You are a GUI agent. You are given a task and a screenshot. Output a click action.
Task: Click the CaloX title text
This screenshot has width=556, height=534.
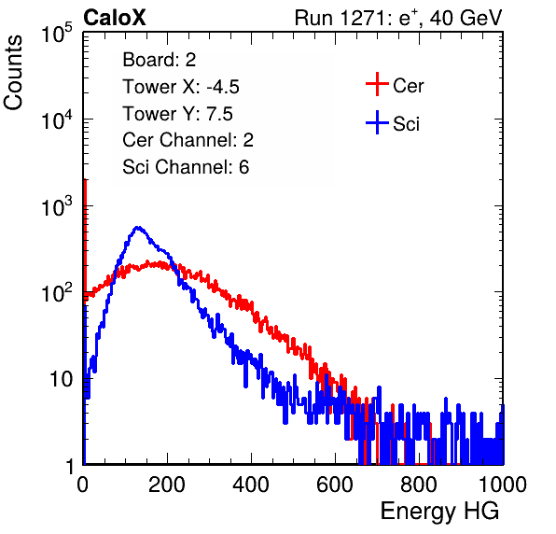pyautogui.click(x=115, y=18)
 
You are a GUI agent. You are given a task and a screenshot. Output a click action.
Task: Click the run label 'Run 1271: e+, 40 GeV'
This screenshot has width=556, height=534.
pyautogui.click(x=398, y=18)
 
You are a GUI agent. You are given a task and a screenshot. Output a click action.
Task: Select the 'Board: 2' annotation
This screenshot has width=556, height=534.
pyautogui.click(x=159, y=60)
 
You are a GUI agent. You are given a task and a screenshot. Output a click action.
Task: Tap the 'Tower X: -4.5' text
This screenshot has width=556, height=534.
pyautogui.click(x=181, y=87)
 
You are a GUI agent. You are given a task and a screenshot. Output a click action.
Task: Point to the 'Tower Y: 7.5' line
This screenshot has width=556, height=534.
pyautogui.click(x=177, y=114)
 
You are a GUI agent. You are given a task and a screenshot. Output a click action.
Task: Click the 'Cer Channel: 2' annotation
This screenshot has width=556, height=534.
pyautogui.click(x=188, y=140)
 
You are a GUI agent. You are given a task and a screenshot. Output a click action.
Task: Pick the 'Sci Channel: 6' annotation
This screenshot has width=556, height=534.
pyautogui.click(x=186, y=167)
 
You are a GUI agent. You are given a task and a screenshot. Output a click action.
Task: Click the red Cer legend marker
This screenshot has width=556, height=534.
pyautogui.click(x=377, y=84)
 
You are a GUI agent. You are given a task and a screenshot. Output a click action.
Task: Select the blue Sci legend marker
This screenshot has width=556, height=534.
pyautogui.click(x=377, y=123)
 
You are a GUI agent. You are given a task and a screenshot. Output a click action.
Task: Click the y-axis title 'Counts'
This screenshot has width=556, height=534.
pyautogui.click(x=13, y=72)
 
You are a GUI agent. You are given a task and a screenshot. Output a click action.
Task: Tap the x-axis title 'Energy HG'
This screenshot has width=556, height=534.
pyautogui.click(x=439, y=512)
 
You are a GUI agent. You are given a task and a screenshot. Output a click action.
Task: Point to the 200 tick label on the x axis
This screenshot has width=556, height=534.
pyautogui.click(x=167, y=485)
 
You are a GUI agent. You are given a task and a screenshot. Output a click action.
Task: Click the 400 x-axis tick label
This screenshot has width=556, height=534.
pyautogui.click(x=251, y=485)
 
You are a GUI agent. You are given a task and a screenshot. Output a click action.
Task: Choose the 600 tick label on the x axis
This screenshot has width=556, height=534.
pyautogui.click(x=335, y=485)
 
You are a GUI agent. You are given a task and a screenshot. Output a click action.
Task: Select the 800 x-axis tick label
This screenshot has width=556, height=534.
pyautogui.click(x=419, y=485)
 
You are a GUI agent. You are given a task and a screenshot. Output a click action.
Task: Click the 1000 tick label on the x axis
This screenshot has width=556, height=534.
pyautogui.click(x=503, y=485)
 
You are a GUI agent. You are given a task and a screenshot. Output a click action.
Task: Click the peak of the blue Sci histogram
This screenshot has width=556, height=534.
pyautogui.click(x=138, y=228)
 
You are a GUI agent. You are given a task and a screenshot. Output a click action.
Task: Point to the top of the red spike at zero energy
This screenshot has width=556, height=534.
pyautogui.click(x=85, y=180)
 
